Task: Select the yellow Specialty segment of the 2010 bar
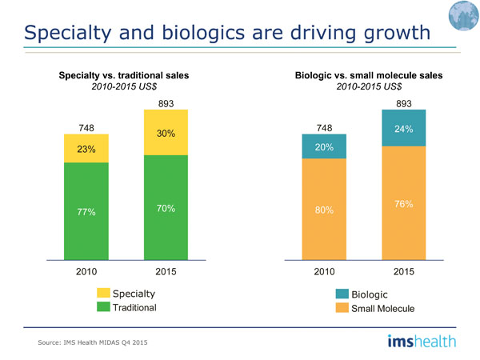(86, 149)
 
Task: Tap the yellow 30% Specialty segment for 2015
(166, 133)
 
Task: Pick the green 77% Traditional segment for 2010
(86, 211)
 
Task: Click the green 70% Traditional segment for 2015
(166, 207)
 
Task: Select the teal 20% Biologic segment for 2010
(324, 148)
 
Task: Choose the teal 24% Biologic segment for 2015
(403, 129)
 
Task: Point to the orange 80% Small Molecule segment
(324, 210)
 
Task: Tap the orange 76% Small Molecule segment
(403, 203)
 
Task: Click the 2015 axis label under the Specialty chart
(166, 271)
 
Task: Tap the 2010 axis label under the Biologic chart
(324, 271)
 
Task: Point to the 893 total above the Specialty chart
(166, 103)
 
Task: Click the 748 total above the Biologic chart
(324, 127)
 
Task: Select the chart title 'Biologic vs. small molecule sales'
(368, 75)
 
